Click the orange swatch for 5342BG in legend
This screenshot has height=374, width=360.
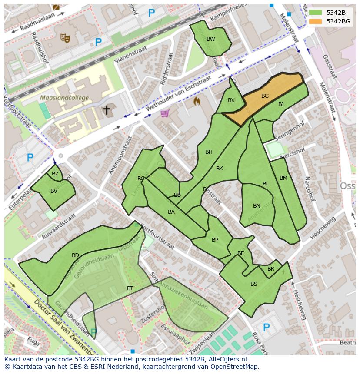click(x=316, y=21)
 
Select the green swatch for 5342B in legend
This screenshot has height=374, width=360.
click(x=316, y=13)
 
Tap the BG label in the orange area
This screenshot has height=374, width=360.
click(x=265, y=96)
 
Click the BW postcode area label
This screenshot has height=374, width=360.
click(x=210, y=39)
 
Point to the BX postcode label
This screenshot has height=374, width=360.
click(x=231, y=100)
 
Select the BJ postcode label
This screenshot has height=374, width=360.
click(x=281, y=104)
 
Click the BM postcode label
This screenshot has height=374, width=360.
click(x=283, y=178)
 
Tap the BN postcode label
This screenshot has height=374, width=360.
click(x=257, y=206)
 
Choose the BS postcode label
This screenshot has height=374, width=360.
click(x=254, y=284)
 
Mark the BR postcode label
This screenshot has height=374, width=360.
click(x=271, y=269)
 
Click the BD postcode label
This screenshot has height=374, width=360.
click(x=75, y=255)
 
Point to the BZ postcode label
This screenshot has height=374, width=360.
click(x=55, y=174)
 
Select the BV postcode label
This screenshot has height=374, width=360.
click(x=54, y=191)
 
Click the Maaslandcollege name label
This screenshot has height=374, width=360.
click(x=64, y=98)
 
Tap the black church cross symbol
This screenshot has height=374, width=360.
click(x=106, y=110)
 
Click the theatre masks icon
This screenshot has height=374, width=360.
click(x=65, y=38)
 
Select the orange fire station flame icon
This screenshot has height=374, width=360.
click(x=197, y=101)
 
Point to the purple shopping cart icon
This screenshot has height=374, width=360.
click(x=164, y=113)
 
